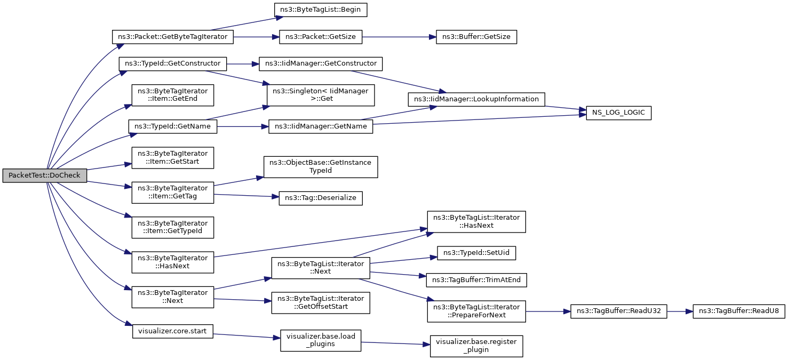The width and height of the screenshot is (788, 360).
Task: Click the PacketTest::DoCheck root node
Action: (45, 175)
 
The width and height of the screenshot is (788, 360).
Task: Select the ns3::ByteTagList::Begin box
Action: (321, 10)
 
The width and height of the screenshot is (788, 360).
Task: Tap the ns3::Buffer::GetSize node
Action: (476, 37)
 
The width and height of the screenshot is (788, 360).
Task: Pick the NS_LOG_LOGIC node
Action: (618, 113)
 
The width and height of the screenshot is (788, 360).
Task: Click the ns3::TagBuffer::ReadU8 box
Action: (739, 311)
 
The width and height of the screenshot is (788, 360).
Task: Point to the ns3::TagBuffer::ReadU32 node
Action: (618, 311)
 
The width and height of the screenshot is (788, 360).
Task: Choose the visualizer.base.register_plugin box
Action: (476, 346)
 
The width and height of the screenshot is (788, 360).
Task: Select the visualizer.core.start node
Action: (173, 332)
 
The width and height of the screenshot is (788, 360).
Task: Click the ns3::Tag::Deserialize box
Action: (321, 198)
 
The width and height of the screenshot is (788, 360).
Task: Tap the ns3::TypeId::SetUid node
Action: (476, 253)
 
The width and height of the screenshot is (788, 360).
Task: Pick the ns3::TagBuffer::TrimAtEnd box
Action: (476, 280)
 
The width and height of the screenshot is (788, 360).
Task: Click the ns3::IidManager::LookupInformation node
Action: (476, 100)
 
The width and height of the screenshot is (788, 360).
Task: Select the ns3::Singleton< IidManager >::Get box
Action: (321, 95)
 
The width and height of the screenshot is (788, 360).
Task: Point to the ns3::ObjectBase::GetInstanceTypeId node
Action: (321, 167)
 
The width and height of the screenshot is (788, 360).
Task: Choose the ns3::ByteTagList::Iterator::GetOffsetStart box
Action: (321, 303)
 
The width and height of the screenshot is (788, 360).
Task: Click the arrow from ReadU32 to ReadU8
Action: (680, 311)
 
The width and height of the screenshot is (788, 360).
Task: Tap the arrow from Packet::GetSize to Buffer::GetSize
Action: (399, 37)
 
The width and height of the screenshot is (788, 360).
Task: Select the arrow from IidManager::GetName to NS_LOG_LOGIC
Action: (480, 119)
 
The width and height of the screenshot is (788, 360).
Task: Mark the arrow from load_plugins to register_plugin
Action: (395, 343)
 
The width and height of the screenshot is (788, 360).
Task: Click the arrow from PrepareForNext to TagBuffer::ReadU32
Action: (548, 311)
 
